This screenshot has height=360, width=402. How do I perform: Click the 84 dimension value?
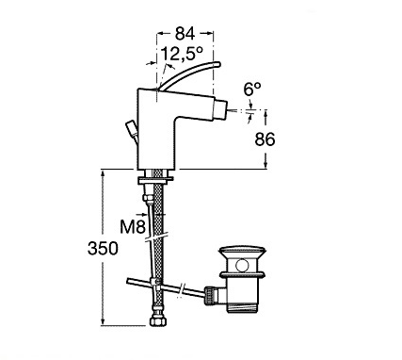pos(185,34)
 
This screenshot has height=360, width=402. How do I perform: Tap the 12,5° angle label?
pos(182,54)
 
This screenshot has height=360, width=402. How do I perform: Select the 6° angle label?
pos(252,90)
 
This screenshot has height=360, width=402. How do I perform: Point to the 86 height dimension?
pos(265,139)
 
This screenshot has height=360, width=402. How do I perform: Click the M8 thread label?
pos(133,227)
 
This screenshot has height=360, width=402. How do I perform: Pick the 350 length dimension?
pos(103,248)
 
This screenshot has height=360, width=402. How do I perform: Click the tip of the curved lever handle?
pos(217,64)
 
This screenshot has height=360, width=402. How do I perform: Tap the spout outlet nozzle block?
pos(220,109)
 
